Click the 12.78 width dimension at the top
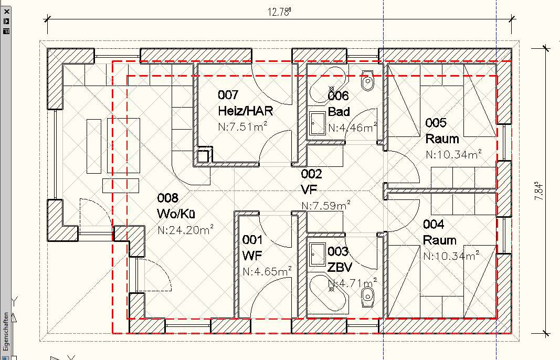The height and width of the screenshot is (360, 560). click(x=279, y=12)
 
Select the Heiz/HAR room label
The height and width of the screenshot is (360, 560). click(x=245, y=111)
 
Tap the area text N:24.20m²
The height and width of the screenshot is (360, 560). click(x=185, y=229)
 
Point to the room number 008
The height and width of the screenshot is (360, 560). click(x=167, y=198)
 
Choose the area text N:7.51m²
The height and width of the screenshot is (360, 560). click(x=243, y=126)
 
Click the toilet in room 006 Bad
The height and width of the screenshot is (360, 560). click(x=367, y=81)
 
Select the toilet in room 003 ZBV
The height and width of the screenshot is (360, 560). click(x=367, y=297)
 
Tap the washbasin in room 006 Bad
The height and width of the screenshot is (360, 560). click(x=318, y=123)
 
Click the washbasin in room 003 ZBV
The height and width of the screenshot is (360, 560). click(x=318, y=255)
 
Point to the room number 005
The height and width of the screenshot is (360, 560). click(x=436, y=122)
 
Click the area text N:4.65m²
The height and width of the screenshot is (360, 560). click(x=267, y=271)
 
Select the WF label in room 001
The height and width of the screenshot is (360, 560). click(x=252, y=256)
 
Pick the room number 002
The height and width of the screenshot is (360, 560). click(x=311, y=174)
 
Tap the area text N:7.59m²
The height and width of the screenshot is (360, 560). click(x=326, y=205)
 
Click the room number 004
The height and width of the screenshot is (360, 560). click(x=434, y=224)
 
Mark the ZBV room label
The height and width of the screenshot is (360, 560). click(x=340, y=267)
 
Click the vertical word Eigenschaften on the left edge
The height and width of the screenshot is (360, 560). click(x=6, y=332)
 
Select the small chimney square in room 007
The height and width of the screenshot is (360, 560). click(x=203, y=155)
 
